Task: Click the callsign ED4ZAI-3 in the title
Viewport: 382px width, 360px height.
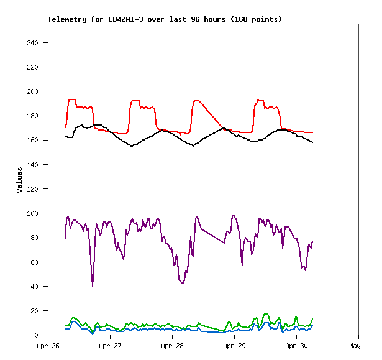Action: click(x=128, y=19)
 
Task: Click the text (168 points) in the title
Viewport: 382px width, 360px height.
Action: click(x=256, y=19)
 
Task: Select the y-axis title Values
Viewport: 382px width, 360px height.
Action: click(x=19, y=179)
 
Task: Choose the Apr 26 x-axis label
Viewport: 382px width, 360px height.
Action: click(x=48, y=346)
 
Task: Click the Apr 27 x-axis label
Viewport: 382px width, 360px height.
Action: click(x=110, y=346)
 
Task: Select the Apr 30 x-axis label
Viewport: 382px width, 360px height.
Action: click(x=296, y=346)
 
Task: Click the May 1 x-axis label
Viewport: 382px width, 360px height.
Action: click(x=358, y=346)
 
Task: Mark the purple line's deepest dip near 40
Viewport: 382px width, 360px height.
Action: click(x=93, y=285)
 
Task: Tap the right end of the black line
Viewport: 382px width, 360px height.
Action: click(x=312, y=143)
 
